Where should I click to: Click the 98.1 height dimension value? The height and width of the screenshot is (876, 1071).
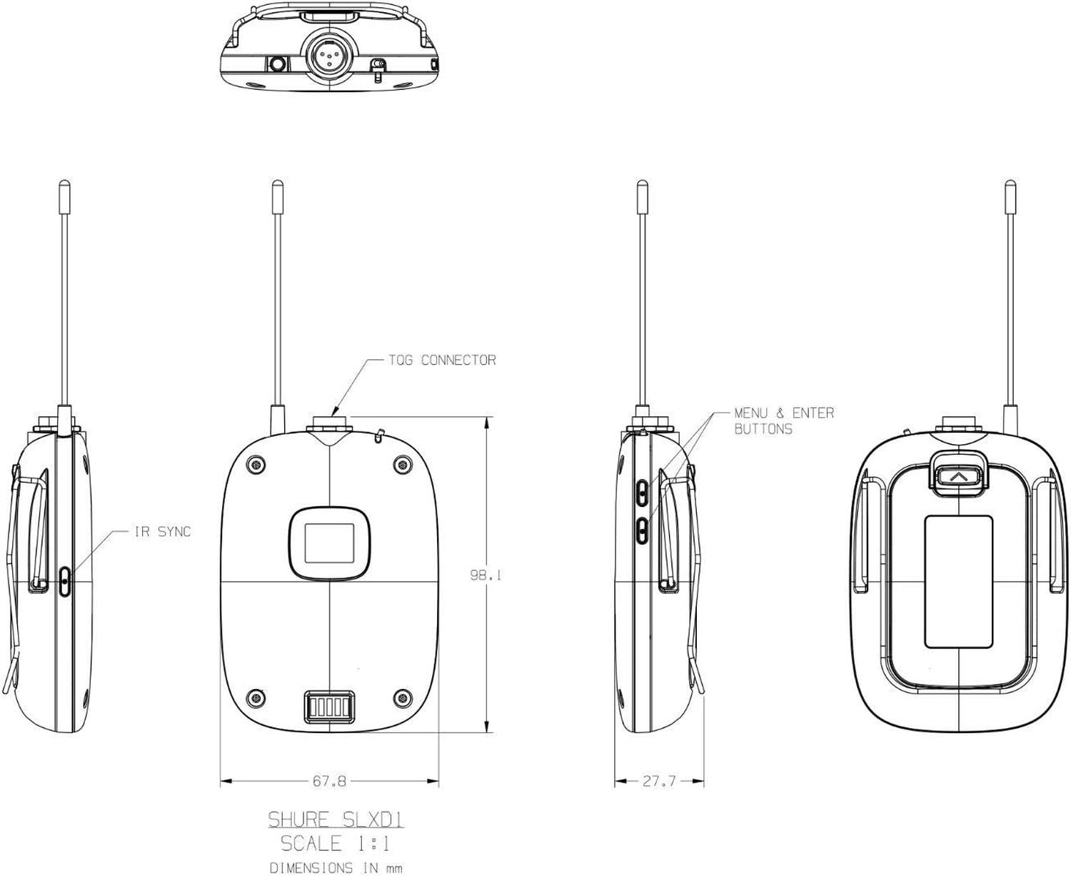485,574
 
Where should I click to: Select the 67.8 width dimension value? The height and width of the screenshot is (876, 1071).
329,782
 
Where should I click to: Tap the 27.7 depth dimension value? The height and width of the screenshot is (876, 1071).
658,782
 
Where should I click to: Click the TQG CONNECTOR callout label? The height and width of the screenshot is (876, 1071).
458,360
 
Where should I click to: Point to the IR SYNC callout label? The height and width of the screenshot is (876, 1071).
163,532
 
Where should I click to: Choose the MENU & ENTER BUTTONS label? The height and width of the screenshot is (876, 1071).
783,421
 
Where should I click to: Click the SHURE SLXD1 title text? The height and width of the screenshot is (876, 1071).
336,819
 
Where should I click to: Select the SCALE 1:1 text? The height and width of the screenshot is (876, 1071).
336,844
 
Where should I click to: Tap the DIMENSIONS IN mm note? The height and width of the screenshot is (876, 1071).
335,868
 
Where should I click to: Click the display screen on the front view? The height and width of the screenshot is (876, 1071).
329,543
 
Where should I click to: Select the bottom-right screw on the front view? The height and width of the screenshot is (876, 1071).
403,697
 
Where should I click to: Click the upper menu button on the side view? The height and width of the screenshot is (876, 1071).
642,490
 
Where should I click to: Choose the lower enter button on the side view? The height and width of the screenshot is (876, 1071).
642,529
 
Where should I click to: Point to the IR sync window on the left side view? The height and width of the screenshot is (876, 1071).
66,581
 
